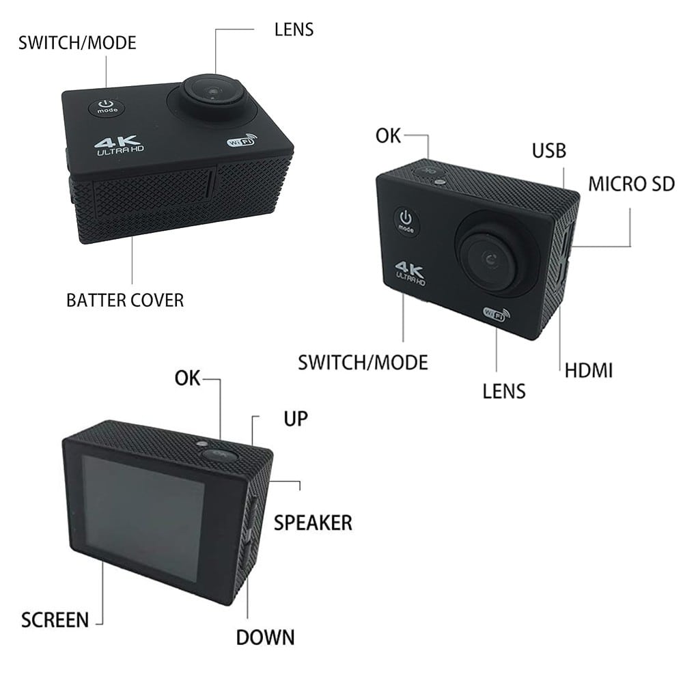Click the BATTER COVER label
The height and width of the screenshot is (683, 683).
pyautogui.click(x=125, y=300)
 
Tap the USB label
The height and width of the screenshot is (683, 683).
pyautogui.click(x=549, y=150)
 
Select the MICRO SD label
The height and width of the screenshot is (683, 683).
pyautogui.click(x=631, y=183)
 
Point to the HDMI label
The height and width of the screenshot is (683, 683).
pyautogui.click(x=589, y=371)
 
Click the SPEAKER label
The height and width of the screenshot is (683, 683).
pyautogui.click(x=313, y=522)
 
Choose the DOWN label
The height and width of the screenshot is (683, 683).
pyautogui.click(x=265, y=637)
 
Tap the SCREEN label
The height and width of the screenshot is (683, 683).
pyautogui.click(x=55, y=620)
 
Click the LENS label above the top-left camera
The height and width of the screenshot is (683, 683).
pyautogui.click(x=294, y=29)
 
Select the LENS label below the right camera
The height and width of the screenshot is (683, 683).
pyautogui.click(x=504, y=391)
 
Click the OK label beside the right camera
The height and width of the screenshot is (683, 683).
pyautogui.click(x=388, y=135)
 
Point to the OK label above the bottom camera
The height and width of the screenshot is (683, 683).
pyautogui.click(x=187, y=378)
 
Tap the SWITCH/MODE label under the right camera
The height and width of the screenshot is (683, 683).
pyautogui.click(x=363, y=362)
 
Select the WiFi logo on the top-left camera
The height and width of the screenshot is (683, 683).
pyautogui.click(x=240, y=142)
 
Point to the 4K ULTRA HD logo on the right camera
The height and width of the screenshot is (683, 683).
pyautogui.click(x=411, y=271)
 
